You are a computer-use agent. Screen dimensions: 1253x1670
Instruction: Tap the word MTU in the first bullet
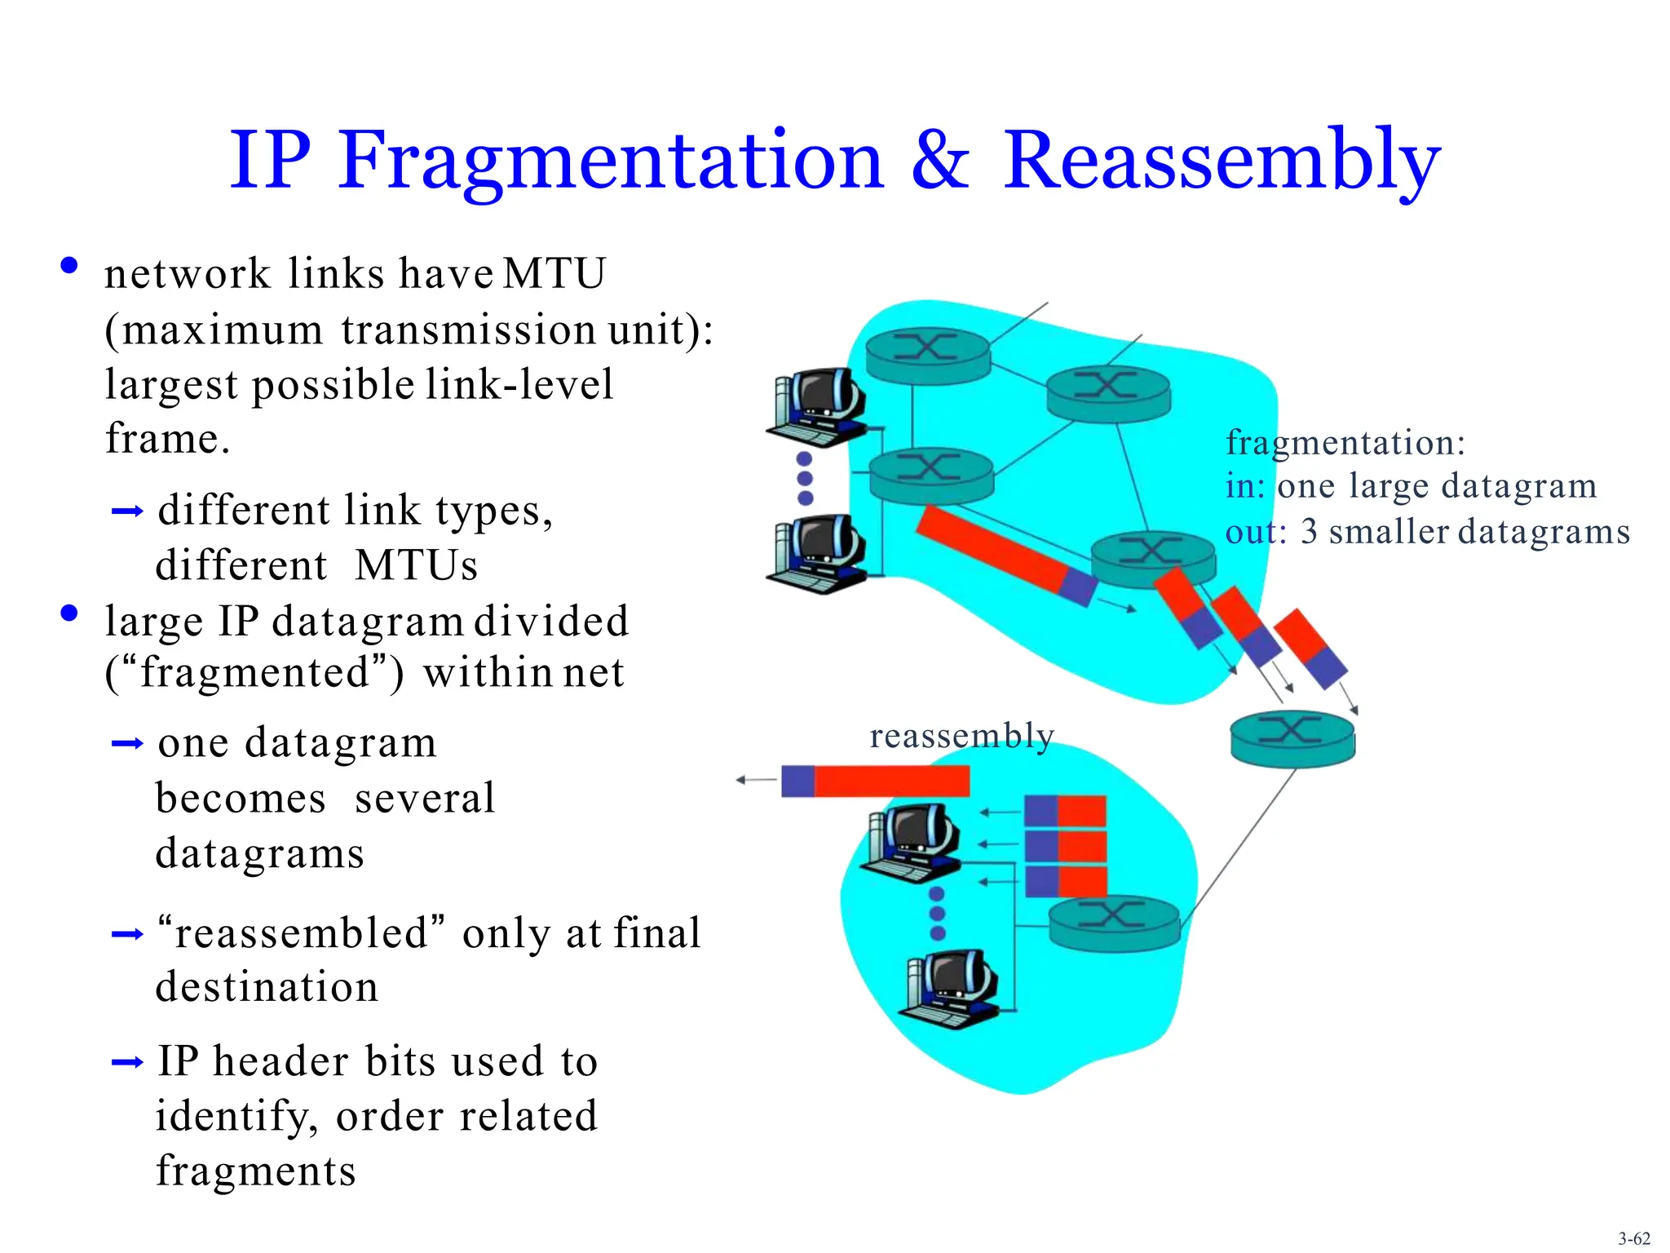tap(554, 273)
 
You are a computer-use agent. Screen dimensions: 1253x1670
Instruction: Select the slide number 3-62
tap(1634, 1238)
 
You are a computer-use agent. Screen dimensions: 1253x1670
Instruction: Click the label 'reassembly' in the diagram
tap(961, 735)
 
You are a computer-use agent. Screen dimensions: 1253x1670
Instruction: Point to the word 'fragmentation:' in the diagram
tap(1345, 443)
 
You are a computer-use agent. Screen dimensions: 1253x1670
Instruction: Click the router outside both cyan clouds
tap(1292, 738)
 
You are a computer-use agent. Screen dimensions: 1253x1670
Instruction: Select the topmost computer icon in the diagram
tap(818, 405)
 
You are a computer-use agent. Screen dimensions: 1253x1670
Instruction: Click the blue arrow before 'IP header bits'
tap(127, 1062)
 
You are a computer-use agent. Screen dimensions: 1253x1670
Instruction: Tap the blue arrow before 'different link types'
tap(127, 511)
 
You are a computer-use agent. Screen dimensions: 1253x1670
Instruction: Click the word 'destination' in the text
tap(267, 987)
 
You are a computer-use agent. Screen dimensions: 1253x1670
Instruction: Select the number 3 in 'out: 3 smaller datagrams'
tap(1309, 532)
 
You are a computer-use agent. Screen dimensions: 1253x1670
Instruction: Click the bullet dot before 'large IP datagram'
tap(69, 613)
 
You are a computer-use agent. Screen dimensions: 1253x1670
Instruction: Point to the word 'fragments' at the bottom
tap(255, 1171)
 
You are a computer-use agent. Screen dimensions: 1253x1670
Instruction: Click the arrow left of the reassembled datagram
tap(756, 781)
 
